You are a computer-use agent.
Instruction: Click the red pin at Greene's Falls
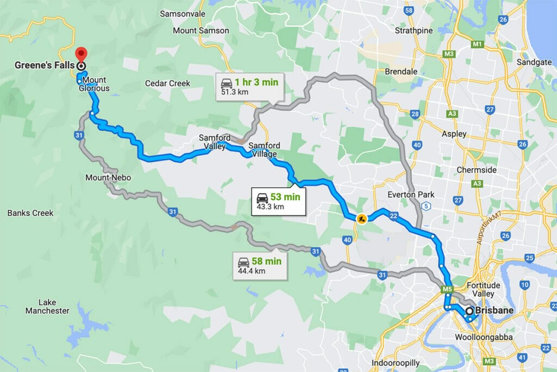click(x=82, y=53)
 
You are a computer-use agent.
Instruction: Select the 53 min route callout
click(x=278, y=201)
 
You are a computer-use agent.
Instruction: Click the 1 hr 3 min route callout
click(x=250, y=87)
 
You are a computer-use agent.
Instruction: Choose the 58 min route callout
click(x=259, y=265)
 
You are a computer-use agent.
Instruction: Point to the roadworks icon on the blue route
click(x=361, y=219)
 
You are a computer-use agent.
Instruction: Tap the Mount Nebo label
click(x=108, y=178)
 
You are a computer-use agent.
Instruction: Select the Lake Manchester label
click(x=47, y=306)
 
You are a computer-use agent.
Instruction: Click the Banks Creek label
click(x=30, y=213)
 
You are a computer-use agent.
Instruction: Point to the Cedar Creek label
click(x=168, y=83)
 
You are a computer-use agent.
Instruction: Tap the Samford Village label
click(x=264, y=150)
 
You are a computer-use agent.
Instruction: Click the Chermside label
click(x=476, y=169)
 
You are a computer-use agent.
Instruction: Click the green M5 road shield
click(x=448, y=289)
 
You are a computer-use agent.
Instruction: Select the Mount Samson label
click(x=201, y=31)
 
